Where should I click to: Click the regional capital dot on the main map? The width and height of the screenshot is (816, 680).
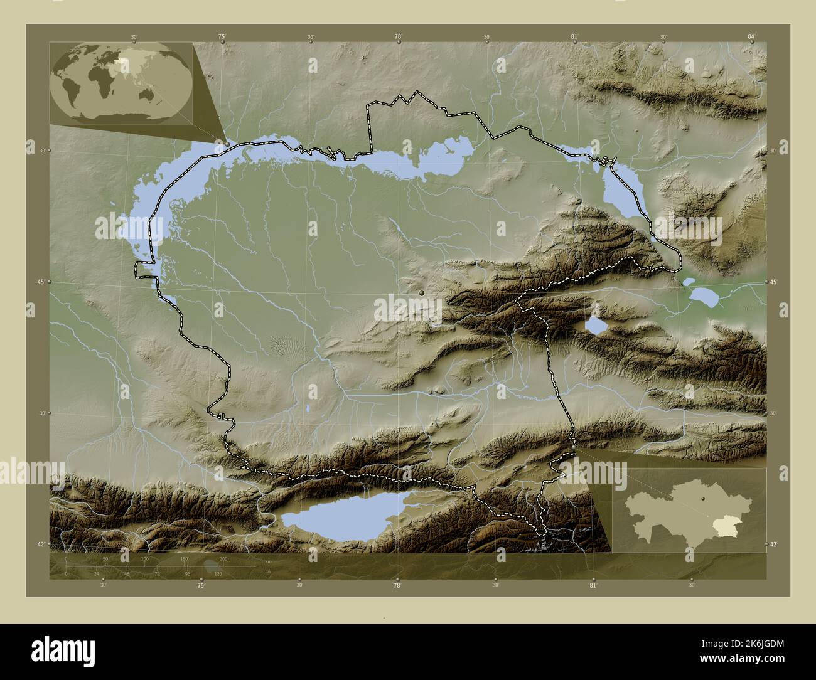422,293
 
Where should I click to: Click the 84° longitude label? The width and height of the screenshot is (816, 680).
751,37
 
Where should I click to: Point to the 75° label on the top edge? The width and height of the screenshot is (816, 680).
222,37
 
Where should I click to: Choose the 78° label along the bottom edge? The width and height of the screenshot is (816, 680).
397,585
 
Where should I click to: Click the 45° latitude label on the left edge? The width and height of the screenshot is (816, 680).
39,282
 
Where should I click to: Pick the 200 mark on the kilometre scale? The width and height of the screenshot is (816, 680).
223,558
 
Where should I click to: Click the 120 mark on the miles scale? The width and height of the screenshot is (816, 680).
218,573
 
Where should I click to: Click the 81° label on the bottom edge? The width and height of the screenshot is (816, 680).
593,585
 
